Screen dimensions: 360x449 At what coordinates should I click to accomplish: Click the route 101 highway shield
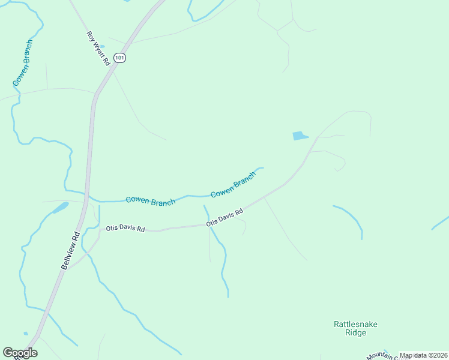[121, 58]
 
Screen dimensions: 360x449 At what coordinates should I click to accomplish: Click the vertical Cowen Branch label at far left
[22, 63]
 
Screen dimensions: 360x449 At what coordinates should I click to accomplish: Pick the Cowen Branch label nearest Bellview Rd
[150, 200]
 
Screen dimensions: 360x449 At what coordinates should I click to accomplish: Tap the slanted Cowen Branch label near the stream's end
[234, 184]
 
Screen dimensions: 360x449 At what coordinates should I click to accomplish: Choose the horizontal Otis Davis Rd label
[125, 229]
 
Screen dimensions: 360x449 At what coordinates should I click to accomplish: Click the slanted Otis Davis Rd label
[225, 217]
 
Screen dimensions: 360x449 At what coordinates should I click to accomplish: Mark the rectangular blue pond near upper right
[300, 136]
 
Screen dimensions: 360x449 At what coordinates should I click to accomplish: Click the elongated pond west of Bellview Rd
[60, 208]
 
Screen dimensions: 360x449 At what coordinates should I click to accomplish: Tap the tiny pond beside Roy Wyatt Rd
[101, 46]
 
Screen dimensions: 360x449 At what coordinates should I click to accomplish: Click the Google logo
[20, 353]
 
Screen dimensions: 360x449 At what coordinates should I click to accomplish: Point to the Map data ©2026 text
[423, 355]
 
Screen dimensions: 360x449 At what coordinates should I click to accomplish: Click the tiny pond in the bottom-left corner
[25, 334]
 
